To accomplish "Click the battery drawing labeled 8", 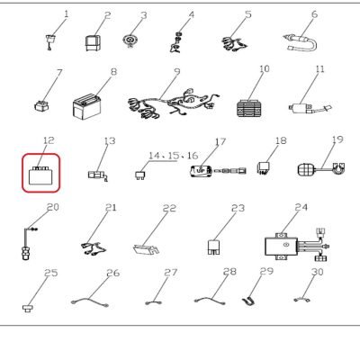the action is [86, 106].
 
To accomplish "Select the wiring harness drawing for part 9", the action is [173, 103].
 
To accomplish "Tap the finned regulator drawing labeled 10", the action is [249, 108].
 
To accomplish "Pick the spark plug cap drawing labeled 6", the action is [300, 43].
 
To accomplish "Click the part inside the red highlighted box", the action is [40, 175].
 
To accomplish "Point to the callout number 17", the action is [220, 141].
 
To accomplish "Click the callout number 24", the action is [301, 207].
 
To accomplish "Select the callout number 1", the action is [67, 13].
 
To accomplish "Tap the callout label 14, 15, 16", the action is [174, 156].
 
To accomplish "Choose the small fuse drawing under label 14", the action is [139, 175].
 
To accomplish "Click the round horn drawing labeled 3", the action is [130, 40].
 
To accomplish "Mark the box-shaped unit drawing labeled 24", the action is [281, 247].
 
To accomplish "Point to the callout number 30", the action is [318, 272].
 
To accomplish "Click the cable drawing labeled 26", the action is [90, 302].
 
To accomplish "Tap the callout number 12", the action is [49, 140].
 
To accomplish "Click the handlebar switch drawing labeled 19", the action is [321, 169].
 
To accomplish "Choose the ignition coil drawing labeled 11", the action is [310, 109].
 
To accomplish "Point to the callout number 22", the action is [169, 208].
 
